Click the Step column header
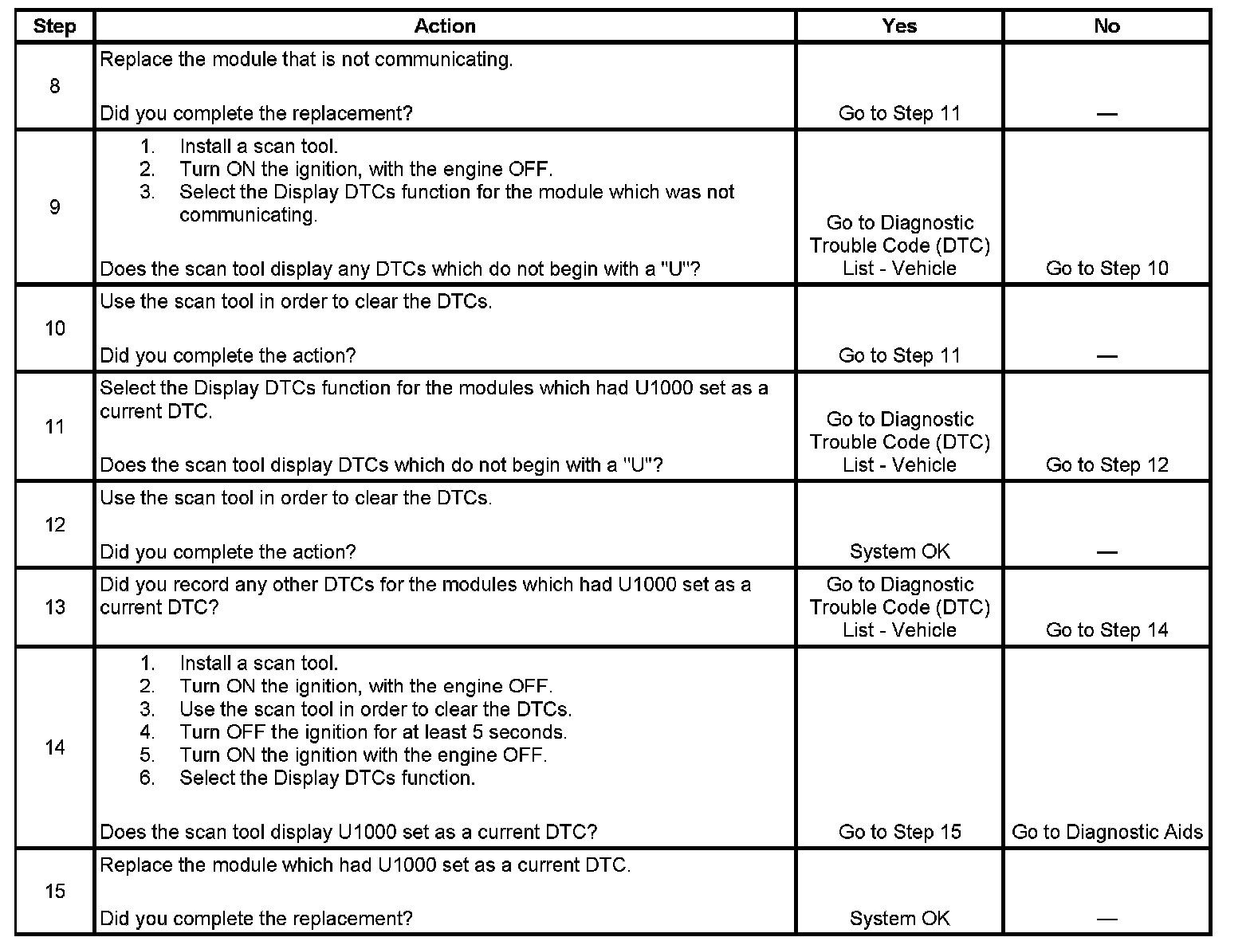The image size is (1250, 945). click(x=54, y=26)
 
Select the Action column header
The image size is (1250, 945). click(x=445, y=26)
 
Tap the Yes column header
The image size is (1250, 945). click(x=899, y=26)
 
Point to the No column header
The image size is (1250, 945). click(x=1107, y=26)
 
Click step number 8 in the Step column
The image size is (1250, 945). click(x=54, y=86)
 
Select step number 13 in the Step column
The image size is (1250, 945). click(x=54, y=607)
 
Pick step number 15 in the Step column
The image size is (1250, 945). click(x=54, y=891)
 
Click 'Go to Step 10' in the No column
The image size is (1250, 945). click(x=1107, y=269)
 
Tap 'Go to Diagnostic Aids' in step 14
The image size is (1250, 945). click(x=1107, y=833)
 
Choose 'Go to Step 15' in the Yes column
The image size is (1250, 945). click(x=899, y=833)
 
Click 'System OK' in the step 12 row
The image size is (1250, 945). click(x=899, y=552)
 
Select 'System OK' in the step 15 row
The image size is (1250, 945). click(x=899, y=919)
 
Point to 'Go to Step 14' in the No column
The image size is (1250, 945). click(x=1107, y=630)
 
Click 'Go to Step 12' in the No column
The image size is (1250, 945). click(x=1107, y=465)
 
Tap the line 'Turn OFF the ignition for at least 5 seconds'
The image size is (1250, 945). click(x=373, y=732)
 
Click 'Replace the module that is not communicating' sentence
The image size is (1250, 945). click(x=306, y=60)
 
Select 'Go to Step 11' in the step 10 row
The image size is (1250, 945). click(x=899, y=356)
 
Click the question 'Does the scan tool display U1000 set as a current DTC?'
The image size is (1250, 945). click(x=348, y=833)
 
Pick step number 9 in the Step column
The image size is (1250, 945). click(x=54, y=207)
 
